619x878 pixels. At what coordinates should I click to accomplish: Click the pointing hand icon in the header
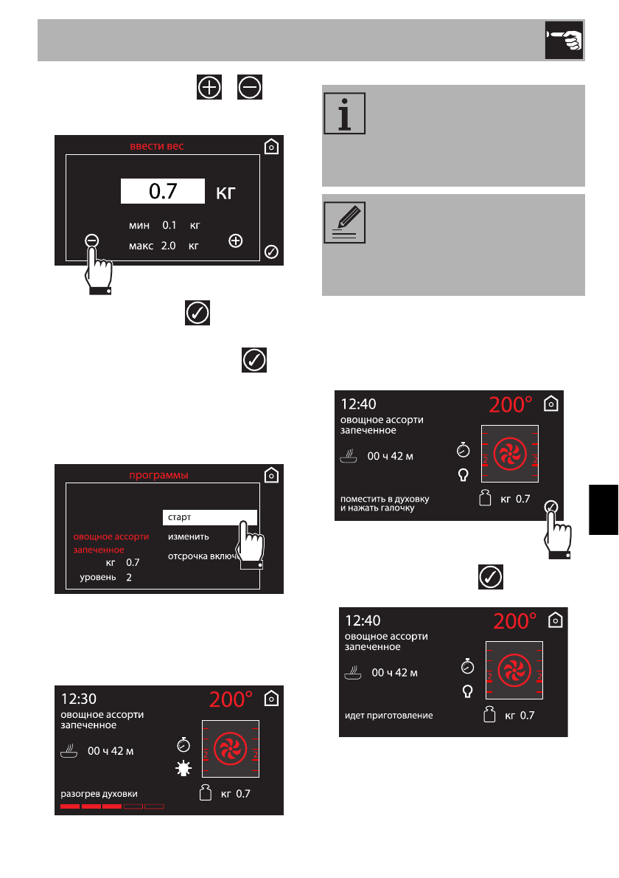564,40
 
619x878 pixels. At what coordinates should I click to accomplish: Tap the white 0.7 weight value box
163,192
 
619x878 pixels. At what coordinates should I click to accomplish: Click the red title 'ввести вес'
157,146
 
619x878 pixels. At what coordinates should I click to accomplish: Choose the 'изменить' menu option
189,536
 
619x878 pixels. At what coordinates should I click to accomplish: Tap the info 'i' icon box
344,114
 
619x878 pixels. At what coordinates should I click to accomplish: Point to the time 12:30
79,698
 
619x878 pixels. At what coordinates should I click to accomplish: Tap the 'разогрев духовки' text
99,794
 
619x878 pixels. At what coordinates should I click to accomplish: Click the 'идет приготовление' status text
389,715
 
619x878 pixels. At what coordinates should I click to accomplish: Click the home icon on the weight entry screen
271,146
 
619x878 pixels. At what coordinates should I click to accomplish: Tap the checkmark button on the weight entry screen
271,252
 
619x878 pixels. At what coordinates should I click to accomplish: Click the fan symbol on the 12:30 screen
229,748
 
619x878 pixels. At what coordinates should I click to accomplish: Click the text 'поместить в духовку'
385,498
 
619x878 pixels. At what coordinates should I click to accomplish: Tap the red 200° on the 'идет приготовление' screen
516,621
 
